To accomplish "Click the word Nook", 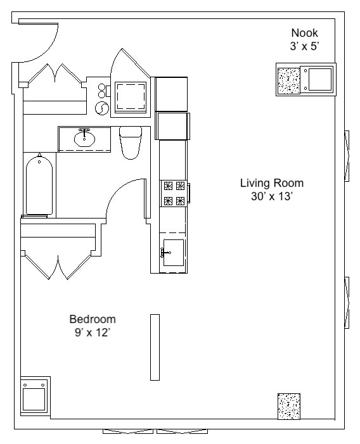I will click(x=304, y=33).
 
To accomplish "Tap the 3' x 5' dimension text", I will click(x=304, y=46).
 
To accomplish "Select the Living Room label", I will click(x=271, y=184).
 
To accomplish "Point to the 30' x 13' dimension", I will click(x=271, y=196).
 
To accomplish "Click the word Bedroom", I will click(x=93, y=319).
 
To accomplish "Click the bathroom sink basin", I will click(x=84, y=137).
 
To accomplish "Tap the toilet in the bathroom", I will click(x=131, y=143).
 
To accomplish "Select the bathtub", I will click(x=39, y=185).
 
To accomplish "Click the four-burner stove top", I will click(x=174, y=193).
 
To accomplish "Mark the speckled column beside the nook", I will click(x=290, y=80).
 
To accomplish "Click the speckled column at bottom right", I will click(x=288, y=405).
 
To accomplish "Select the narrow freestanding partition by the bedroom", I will click(x=155, y=347).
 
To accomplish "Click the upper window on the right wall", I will click(x=347, y=155).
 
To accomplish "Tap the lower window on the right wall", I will click(x=347, y=303).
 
